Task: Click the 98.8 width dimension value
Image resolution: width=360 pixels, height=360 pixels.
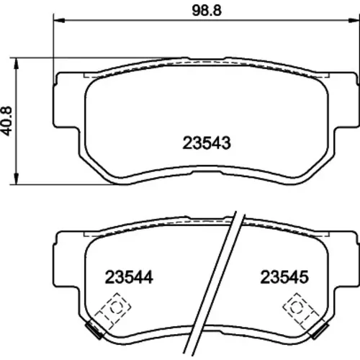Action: point(207,11)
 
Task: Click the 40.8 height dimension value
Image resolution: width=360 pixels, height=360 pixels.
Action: point(6,121)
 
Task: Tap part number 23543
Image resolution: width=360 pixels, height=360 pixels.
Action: point(207,143)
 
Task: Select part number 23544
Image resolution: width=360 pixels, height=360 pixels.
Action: point(129,277)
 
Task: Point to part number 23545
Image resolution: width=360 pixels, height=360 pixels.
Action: point(284,277)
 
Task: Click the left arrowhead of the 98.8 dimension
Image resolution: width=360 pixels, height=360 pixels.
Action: point(59,20)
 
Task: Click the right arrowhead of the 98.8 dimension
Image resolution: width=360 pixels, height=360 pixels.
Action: point(354,20)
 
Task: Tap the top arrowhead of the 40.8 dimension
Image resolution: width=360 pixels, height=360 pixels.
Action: point(16,63)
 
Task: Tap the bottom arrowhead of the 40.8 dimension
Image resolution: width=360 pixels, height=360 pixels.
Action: point(16,179)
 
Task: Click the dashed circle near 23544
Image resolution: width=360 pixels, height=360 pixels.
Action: point(117,307)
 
